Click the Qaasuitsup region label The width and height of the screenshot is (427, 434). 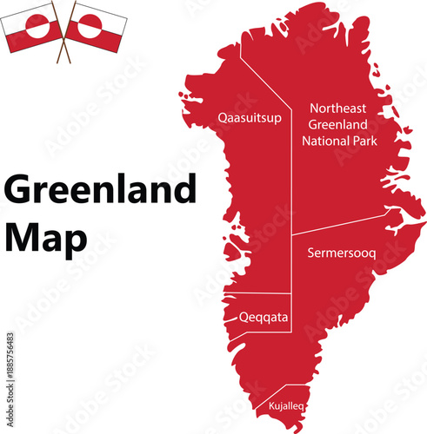[250, 118]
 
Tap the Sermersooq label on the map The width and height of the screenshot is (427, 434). [342, 253]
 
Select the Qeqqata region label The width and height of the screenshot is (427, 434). [264, 317]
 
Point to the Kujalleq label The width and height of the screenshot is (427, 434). [286, 405]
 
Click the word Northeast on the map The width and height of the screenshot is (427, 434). [338, 108]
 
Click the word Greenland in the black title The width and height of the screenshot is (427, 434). [100, 190]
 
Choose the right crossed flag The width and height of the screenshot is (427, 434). [96, 26]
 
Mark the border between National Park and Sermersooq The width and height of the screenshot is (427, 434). [348, 225]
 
